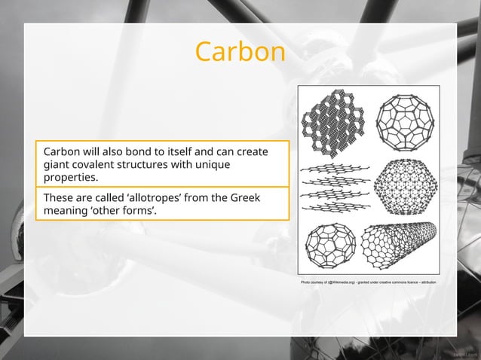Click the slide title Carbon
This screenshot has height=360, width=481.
click(240, 52)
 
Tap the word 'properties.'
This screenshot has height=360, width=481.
click(71, 178)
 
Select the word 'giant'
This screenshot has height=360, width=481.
click(56, 164)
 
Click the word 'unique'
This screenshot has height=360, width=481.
click(212, 164)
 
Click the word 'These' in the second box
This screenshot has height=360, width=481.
click(59, 197)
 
